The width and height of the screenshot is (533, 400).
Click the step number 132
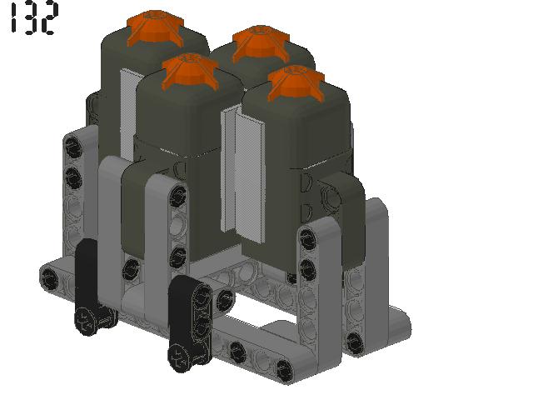(x=33, y=17)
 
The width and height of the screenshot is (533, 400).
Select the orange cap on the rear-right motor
(x=261, y=43)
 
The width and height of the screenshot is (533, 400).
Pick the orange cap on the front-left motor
(x=190, y=72)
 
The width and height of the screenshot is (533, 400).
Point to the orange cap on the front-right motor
(x=296, y=83)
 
